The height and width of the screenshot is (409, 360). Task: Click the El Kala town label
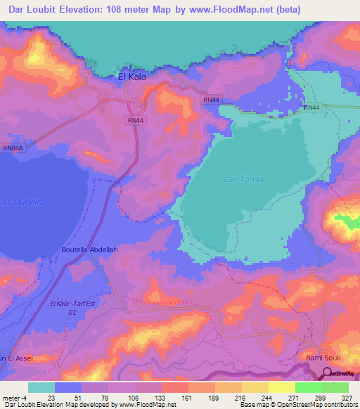(131, 77)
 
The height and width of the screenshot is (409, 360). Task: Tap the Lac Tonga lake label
(243, 179)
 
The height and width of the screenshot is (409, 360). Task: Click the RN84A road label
(13, 148)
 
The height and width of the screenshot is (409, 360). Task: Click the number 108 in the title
(134, 9)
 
